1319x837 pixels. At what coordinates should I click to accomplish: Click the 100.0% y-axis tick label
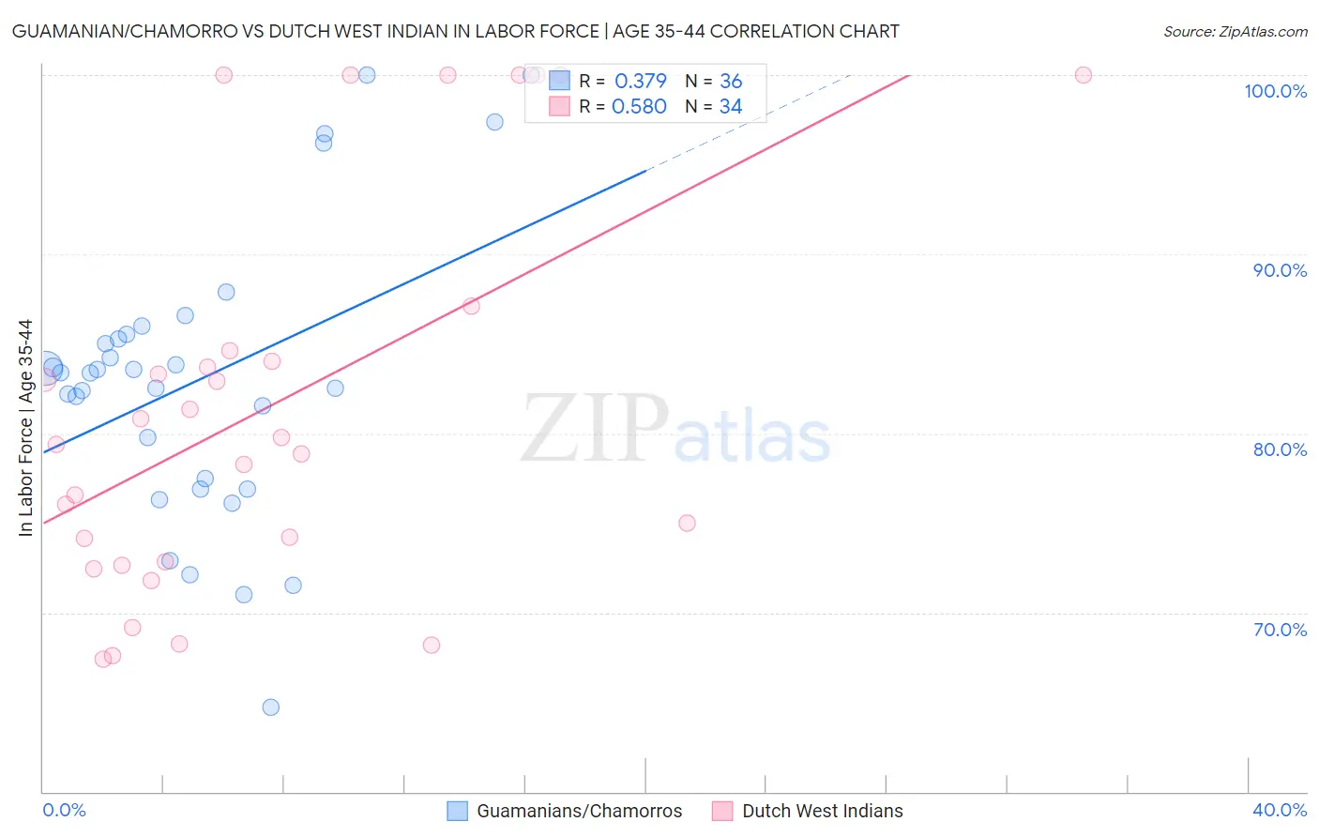click(x=1275, y=91)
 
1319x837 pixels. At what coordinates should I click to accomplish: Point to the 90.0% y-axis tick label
click(x=1280, y=270)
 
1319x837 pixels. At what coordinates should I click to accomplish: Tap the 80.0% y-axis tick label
click(x=1280, y=449)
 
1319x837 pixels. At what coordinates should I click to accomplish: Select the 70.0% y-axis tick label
click(x=1280, y=630)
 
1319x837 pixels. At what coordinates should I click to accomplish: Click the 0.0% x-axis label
click(x=64, y=810)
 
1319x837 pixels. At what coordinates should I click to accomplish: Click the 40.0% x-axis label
click(x=1280, y=810)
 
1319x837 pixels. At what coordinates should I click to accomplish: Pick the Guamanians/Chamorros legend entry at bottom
click(x=565, y=811)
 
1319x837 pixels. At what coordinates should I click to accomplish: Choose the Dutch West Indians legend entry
click(x=808, y=811)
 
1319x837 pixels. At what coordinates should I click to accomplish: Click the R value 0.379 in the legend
click(x=640, y=82)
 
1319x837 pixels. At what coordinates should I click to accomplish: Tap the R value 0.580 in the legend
click(x=639, y=107)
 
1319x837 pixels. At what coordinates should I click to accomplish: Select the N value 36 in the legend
click(x=731, y=82)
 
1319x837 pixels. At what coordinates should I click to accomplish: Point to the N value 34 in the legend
click(x=731, y=107)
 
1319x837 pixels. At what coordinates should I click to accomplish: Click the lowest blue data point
click(x=271, y=708)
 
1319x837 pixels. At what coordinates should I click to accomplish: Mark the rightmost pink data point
click(x=1084, y=75)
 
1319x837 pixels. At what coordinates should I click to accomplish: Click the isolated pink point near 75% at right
click(x=687, y=523)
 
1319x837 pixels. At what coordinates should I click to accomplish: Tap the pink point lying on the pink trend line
click(x=471, y=306)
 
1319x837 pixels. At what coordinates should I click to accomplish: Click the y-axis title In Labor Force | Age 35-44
click(x=25, y=428)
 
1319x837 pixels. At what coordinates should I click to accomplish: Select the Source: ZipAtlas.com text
click(x=1235, y=32)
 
